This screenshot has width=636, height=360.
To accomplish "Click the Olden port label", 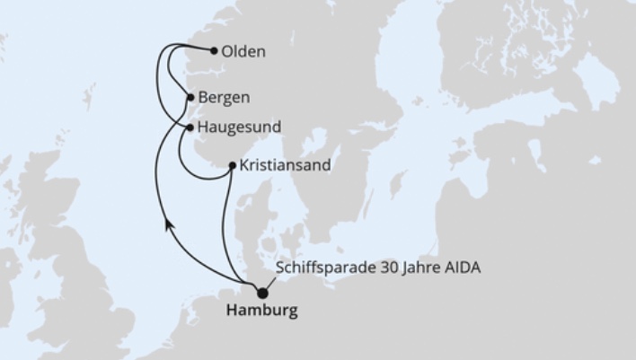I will tap(243, 51).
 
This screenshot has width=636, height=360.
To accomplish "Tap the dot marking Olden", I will tap(212, 51).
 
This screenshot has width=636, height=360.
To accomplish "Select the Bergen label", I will tap(225, 97).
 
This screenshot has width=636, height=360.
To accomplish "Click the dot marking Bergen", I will tap(190, 97).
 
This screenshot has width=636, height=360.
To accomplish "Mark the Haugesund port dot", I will tap(190, 127).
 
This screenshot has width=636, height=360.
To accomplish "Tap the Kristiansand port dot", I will tap(233, 165).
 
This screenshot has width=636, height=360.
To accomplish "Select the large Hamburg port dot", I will tap(262, 293).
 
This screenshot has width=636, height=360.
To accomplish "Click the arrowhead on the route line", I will tap(168, 227).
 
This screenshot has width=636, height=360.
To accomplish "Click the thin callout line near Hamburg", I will tap(273, 282).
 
